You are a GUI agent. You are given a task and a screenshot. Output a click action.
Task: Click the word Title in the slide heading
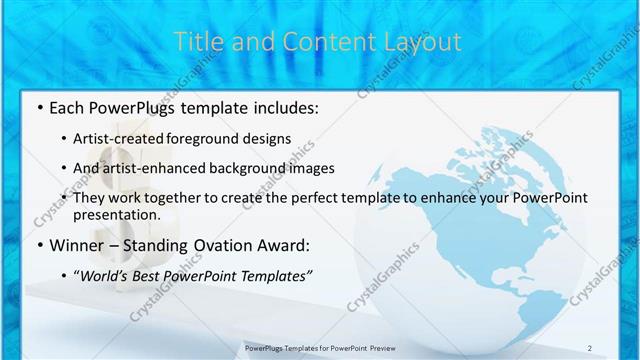click(196, 42)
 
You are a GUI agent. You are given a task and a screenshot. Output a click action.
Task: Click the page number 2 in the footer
click(590, 347)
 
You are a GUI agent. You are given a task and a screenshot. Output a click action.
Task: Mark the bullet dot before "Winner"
click(38, 244)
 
